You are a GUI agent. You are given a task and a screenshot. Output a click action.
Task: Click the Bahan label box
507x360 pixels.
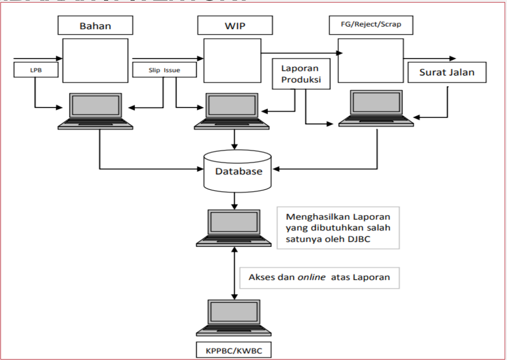pos(95,25)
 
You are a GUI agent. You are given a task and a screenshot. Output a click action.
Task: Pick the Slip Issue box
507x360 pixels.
pos(164,70)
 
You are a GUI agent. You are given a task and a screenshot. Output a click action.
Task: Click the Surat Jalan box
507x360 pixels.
pos(447,72)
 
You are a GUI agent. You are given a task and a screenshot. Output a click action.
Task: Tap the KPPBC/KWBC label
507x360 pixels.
pos(234,351)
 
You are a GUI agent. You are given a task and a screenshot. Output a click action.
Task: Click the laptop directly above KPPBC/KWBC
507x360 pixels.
pos(234,318)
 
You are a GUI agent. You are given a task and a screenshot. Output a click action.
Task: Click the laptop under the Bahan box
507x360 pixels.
pos(95,111)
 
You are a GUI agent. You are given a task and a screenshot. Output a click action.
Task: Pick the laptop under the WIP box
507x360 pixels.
pos(234,111)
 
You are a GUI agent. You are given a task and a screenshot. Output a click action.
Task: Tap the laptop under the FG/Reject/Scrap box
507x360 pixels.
pos(376,108)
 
